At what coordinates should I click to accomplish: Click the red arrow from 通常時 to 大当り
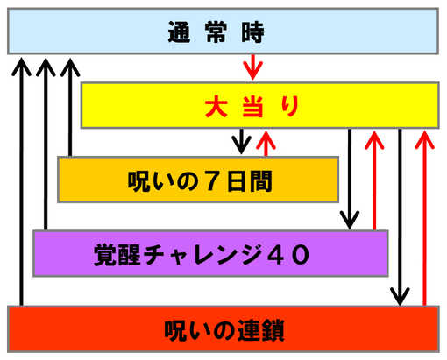pos(253,67)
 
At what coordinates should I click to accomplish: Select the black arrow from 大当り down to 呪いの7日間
pos(241,141)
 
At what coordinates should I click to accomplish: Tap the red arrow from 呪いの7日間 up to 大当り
pos(266,144)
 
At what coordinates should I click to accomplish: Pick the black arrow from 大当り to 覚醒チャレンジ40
pos(350,179)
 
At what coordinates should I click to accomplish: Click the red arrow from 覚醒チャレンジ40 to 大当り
pos(374,180)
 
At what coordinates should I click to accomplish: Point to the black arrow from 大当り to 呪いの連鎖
pos(400,217)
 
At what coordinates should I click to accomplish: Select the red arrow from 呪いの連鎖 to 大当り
pos(424,218)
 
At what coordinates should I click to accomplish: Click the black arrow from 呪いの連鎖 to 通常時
pos(21,181)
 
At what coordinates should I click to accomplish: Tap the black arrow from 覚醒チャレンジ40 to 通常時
pos(46,144)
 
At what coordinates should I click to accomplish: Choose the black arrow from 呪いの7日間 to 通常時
pos(70,107)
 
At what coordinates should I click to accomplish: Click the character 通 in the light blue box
pos(179,32)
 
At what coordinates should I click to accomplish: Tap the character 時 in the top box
pos(253,32)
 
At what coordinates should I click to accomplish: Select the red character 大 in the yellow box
pos(216,106)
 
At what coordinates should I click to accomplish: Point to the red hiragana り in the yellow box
pos(290,106)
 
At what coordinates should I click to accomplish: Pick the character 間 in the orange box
pos(260,181)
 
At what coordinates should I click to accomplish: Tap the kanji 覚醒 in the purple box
pos(117,255)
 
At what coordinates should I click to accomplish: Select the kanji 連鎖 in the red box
pos(261,330)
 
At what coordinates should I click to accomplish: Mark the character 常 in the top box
pos(216,32)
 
